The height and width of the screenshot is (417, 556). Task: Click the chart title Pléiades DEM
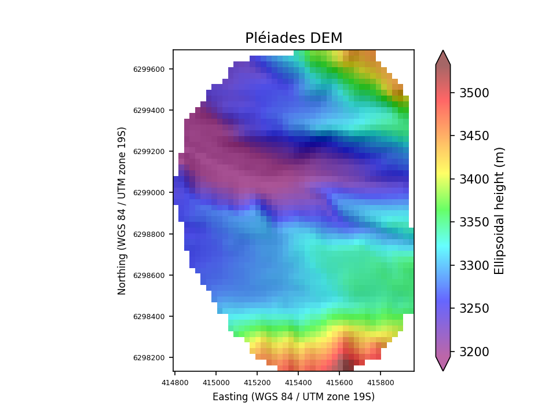pos(294,38)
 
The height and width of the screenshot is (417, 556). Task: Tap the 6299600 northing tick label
pos(149,69)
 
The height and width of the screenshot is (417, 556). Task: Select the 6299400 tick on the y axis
pos(149,111)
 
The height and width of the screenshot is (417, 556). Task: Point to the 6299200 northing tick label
pos(149,152)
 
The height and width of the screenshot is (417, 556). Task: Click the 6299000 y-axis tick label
pos(149,193)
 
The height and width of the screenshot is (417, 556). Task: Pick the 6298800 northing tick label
pos(149,234)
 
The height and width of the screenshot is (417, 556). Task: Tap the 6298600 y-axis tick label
pos(149,275)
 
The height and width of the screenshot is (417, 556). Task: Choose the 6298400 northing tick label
pos(149,316)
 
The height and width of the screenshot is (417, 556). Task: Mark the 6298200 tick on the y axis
pos(149,357)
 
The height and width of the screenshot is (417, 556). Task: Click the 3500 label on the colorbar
pos(474,93)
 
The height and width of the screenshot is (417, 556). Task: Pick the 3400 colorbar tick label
pos(474,179)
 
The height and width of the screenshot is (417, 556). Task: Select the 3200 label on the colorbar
pos(474,352)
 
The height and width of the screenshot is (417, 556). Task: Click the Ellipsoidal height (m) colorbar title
pos(499,210)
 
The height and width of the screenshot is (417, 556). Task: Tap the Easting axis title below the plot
pos(294,397)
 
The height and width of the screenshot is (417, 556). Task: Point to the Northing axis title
pos(122,210)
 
